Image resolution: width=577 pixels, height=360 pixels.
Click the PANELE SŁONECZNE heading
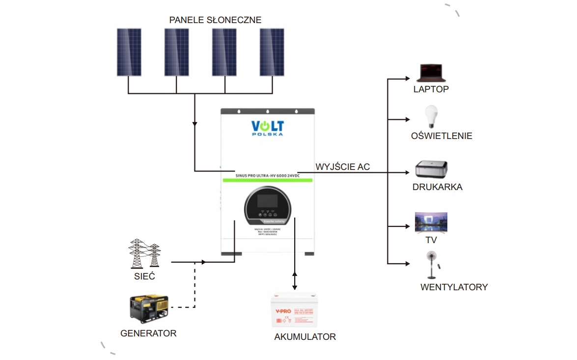click(x=215, y=20)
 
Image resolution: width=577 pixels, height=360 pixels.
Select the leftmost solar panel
click(x=128, y=52)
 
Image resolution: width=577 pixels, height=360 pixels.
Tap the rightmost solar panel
click(x=272, y=52)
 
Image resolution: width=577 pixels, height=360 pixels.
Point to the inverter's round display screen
click(x=268, y=205)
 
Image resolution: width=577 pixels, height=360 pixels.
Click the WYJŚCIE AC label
click(x=343, y=167)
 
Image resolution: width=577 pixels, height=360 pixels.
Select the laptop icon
click(x=431, y=73)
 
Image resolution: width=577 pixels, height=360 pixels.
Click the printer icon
click(x=431, y=169)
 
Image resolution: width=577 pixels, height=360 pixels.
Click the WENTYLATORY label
click(x=454, y=287)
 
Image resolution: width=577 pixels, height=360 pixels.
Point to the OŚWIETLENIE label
click(x=441, y=136)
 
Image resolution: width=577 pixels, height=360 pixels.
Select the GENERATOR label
click(x=148, y=333)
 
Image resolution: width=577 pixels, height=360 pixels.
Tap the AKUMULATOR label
click(x=305, y=337)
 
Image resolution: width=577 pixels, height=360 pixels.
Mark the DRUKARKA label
click(x=438, y=187)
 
